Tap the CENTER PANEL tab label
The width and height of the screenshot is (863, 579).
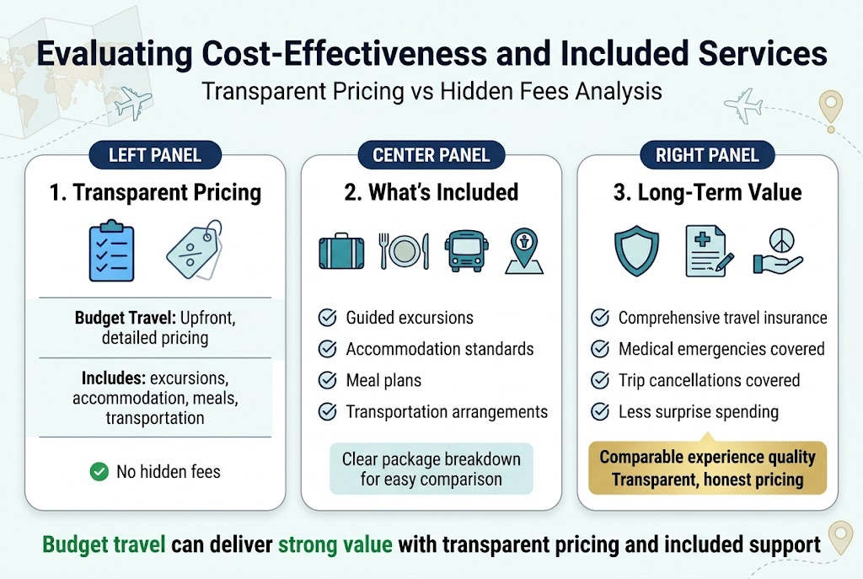[431, 154]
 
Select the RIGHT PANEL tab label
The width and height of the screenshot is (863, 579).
[707, 154]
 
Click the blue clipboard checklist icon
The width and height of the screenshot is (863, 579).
[112, 250]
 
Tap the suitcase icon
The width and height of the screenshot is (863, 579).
[342, 251]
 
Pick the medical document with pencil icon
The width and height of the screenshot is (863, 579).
[706, 251]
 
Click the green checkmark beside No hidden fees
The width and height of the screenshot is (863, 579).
[99, 471]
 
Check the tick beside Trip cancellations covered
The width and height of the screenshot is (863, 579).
[600, 380]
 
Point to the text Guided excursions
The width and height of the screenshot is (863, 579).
[410, 318]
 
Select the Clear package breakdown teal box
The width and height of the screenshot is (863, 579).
[431, 469]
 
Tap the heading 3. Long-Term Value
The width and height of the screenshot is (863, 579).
[707, 192]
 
